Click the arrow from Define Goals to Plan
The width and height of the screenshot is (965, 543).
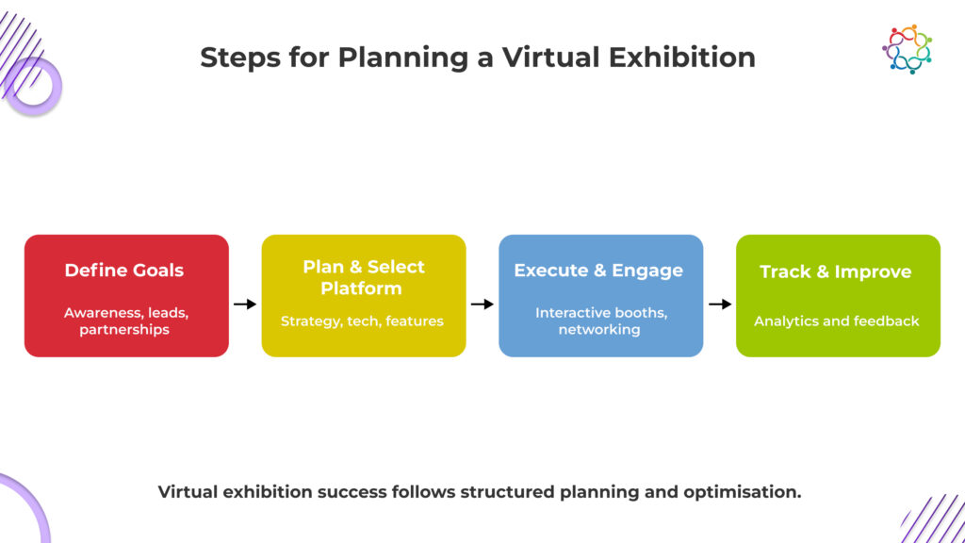(245, 304)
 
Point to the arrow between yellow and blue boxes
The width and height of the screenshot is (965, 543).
(482, 304)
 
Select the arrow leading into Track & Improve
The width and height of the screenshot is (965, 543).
(719, 304)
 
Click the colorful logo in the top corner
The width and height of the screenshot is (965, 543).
(907, 49)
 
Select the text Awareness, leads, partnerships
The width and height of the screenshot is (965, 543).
(126, 321)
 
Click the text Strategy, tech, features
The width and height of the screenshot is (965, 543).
(362, 321)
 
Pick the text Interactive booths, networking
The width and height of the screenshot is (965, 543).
(600, 321)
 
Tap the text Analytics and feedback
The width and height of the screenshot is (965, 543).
(837, 321)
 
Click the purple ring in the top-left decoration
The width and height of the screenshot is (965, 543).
(33, 86)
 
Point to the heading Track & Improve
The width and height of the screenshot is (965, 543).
(836, 271)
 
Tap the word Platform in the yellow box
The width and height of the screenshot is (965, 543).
(361, 288)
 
